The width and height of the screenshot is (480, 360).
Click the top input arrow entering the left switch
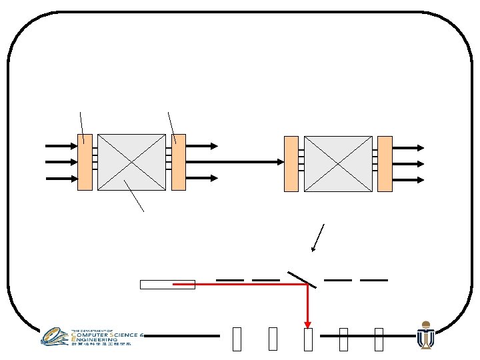[x=60, y=145]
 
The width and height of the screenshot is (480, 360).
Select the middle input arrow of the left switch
[x=60, y=161]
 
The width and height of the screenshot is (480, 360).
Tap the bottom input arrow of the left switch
[x=60, y=178]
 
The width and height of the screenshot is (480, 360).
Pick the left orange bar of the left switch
[x=85, y=162]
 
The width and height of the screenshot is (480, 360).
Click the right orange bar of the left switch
[x=178, y=162]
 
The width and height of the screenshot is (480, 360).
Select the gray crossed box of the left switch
[x=131, y=162]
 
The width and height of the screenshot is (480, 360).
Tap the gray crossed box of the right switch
[x=338, y=163]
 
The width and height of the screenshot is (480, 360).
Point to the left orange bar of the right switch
[x=291, y=163]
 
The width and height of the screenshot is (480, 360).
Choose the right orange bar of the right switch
[x=385, y=163]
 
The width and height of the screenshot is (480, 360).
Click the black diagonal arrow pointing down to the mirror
[x=317, y=238]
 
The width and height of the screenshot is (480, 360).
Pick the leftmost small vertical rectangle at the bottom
[x=237, y=339]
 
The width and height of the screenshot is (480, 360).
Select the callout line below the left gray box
[x=134, y=196]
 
